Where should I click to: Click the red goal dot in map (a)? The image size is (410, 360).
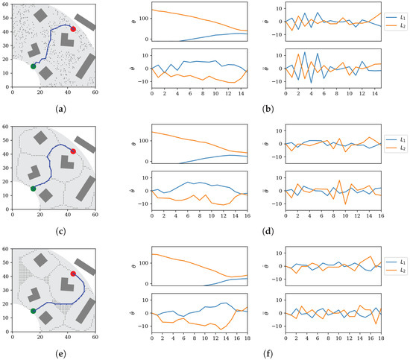pyautogui.click(x=73, y=28)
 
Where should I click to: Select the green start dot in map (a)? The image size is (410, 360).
pyautogui.click(x=33, y=67)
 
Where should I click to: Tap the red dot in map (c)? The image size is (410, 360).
pyautogui.click(x=73, y=151)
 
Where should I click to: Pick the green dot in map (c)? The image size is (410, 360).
pyautogui.click(x=33, y=189)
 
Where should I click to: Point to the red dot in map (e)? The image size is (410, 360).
pyautogui.click(x=73, y=274)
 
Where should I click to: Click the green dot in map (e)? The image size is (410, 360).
pyautogui.click(x=33, y=311)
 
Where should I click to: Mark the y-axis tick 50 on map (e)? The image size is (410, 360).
pyautogui.click(x=7, y=262)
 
